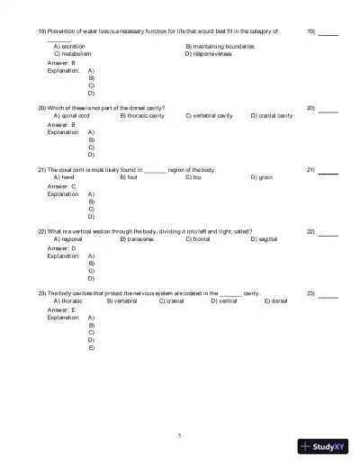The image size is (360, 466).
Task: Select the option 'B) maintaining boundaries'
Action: click(220, 46)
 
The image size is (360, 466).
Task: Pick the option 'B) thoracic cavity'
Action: click(142, 116)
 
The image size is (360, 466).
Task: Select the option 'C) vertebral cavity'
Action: click(209, 116)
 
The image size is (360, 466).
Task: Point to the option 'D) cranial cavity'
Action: click(271, 116)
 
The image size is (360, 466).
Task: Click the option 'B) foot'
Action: click(129, 177)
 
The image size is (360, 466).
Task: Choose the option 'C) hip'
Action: click(193, 177)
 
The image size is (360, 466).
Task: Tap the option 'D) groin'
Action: click(261, 177)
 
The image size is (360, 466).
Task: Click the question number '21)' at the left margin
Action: click(41, 169)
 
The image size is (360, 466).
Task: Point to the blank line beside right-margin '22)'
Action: click(328, 233)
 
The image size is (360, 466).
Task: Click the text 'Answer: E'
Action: click(61, 309)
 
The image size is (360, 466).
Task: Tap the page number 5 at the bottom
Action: click(180, 435)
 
